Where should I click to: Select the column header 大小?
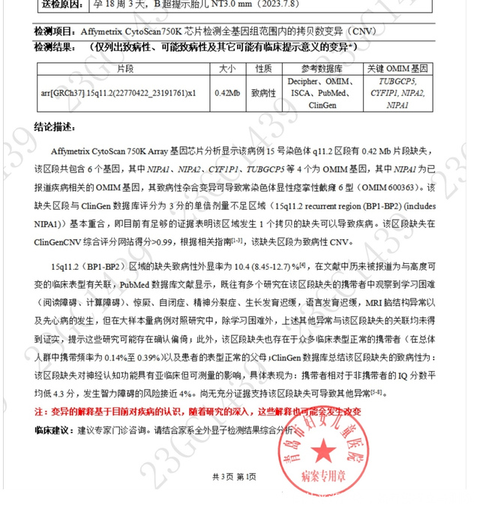click(226, 68)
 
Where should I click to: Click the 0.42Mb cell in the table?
click(226, 93)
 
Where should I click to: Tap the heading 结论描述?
click(55, 124)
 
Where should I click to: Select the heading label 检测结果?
click(54, 47)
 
